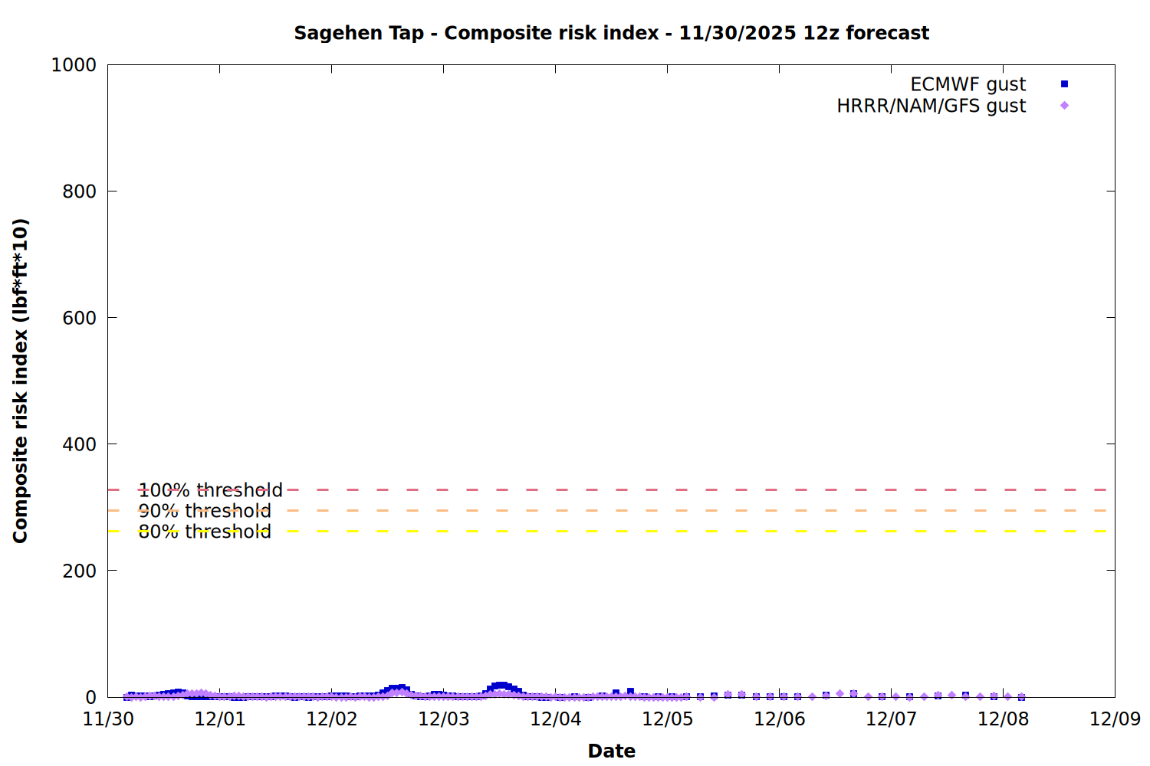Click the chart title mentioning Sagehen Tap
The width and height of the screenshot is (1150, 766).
pos(611,33)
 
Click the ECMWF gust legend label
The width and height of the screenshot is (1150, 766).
pos(968,84)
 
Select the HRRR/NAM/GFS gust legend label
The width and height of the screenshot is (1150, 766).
pos(931,106)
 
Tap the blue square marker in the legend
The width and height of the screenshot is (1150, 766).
pos(1064,84)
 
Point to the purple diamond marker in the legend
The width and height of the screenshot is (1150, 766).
pos(1064,106)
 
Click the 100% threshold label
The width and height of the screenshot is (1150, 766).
pos(210,490)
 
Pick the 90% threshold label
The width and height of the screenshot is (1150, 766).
pos(205,511)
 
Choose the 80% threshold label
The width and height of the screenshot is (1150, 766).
pos(205,532)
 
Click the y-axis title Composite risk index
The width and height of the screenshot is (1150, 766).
pos(21,381)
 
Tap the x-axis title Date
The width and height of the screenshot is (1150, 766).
pos(611,751)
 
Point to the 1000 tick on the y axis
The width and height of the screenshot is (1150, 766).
pos(74,65)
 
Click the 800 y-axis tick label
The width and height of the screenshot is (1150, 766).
pos(79,191)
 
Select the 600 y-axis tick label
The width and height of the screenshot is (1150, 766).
pos(79,318)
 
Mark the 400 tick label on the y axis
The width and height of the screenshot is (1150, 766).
pos(79,444)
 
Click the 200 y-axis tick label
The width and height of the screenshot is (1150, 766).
pos(79,571)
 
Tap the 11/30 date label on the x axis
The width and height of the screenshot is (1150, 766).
pos(108,719)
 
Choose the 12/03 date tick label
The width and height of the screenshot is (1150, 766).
pos(444,719)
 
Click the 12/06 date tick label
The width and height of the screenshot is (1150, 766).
pos(780,719)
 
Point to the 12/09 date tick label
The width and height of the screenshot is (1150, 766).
pos(1115,719)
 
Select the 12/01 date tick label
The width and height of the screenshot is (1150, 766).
pos(220,719)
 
